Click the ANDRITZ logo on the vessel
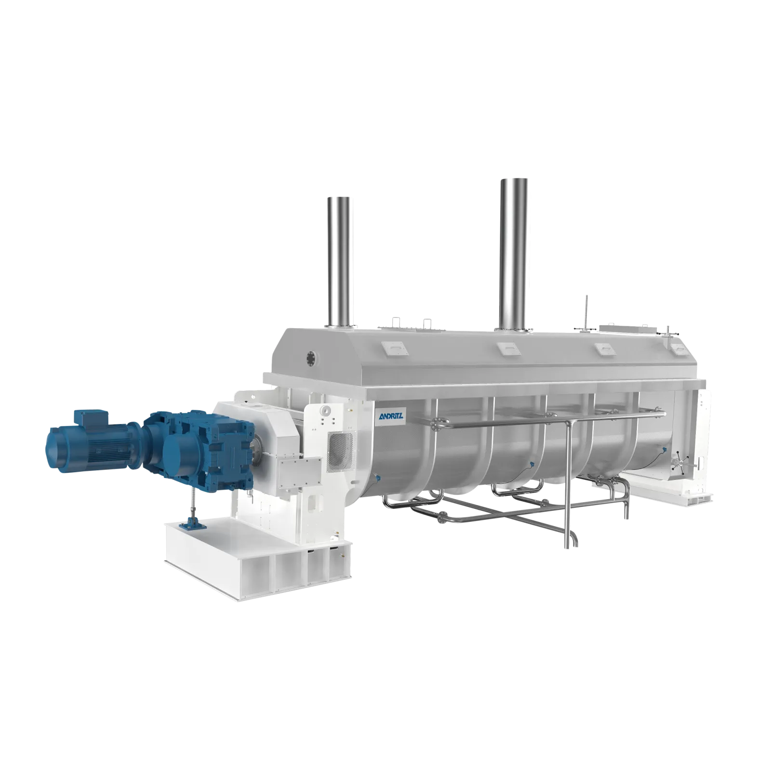[391, 415]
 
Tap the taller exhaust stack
[513, 253]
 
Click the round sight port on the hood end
[310, 357]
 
